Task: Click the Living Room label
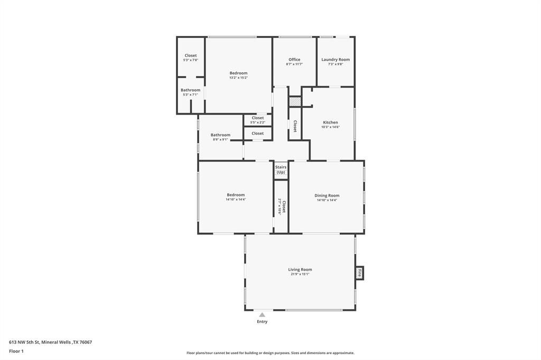(300, 269)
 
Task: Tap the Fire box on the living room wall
(360, 273)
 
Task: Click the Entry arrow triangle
(262, 315)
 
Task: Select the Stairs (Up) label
(281, 169)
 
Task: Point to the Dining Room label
(327, 195)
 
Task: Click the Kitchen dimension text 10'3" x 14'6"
(330, 127)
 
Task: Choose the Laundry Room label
(335, 60)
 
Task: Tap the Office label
(294, 60)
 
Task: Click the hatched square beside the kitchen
(295, 101)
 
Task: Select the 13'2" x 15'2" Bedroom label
(238, 73)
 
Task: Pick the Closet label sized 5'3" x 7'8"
(190, 55)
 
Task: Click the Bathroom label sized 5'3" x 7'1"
(190, 90)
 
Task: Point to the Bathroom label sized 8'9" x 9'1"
(220, 135)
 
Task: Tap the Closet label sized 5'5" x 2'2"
(257, 118)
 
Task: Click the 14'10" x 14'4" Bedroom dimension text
(236, 200)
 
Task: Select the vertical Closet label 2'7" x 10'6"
(282, 206)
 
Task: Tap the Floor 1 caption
(16, 351)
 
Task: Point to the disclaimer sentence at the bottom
(270, 353)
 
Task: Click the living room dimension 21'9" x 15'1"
(300, 274)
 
